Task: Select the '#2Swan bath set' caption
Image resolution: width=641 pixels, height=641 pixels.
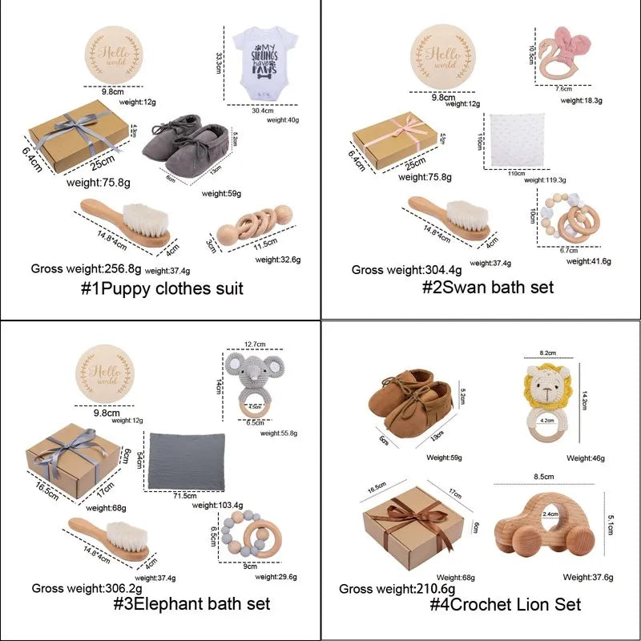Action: click(x=487, y=287)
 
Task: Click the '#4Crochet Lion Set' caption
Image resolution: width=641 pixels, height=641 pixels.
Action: click(x=505, y=603)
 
